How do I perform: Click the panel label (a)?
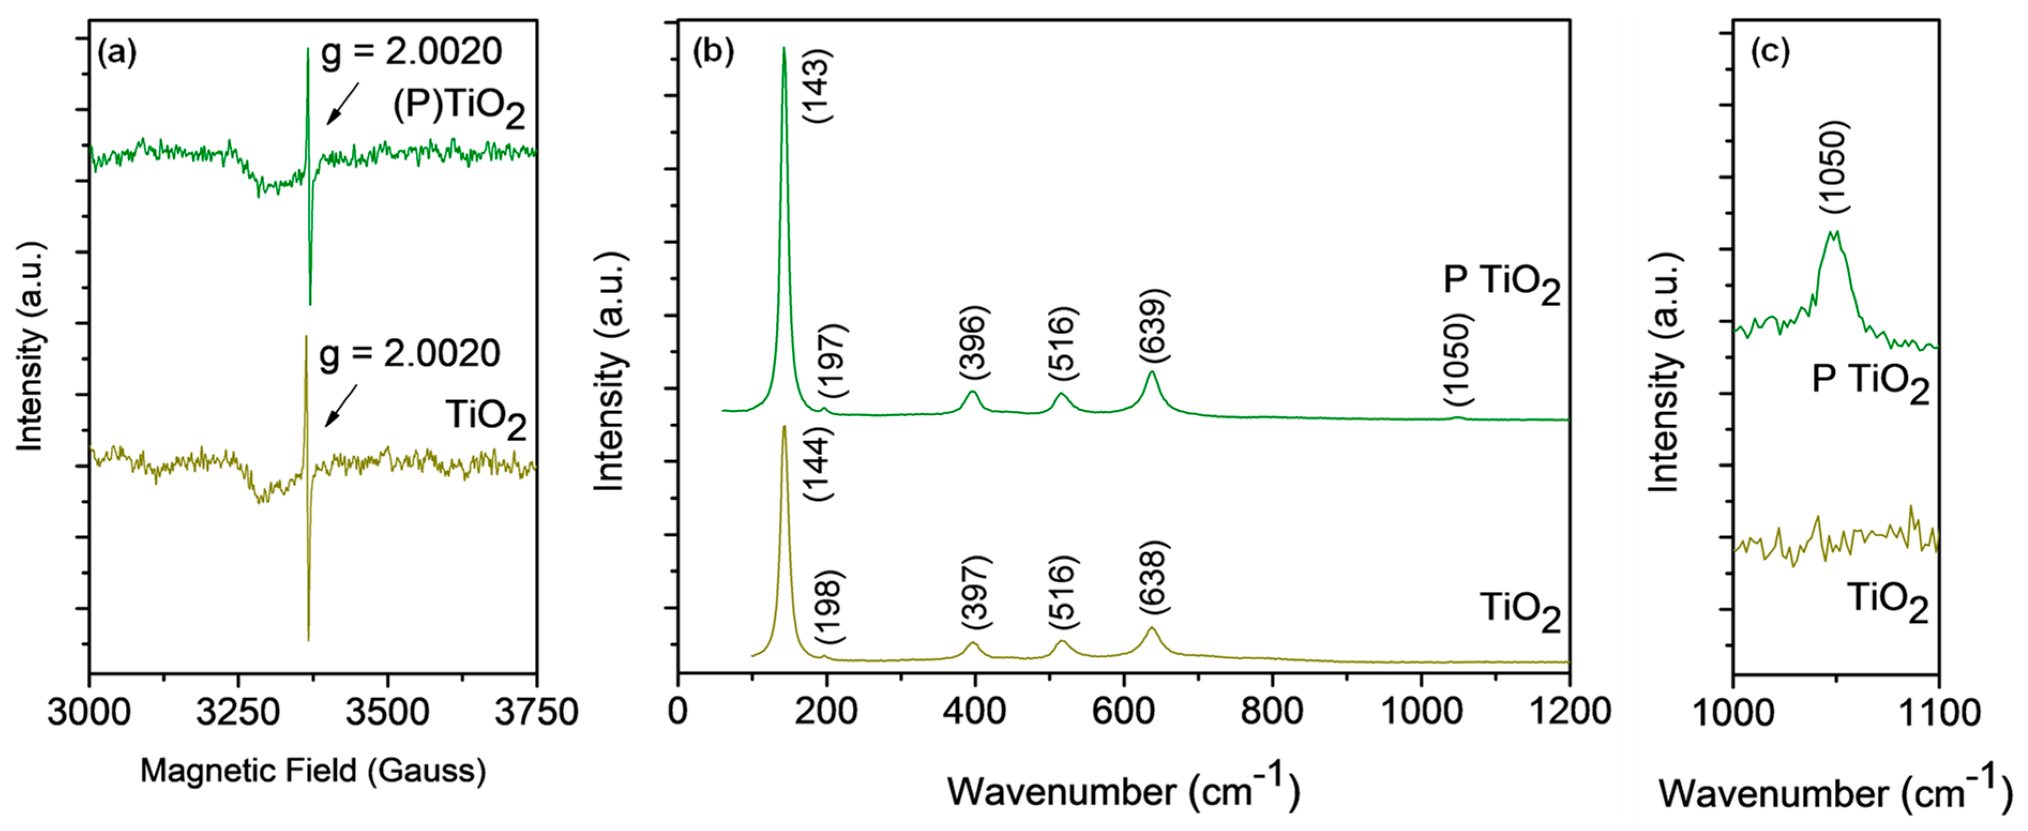click(x=117, y=53)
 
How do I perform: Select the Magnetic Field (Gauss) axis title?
click(x=313, y=771)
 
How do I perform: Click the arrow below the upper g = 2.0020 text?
click(x=343, y=103)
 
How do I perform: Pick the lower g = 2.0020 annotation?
click(x=410, y=354)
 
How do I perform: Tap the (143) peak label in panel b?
click(x=817, y=85)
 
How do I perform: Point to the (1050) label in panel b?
click(x=1458, y=360)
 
